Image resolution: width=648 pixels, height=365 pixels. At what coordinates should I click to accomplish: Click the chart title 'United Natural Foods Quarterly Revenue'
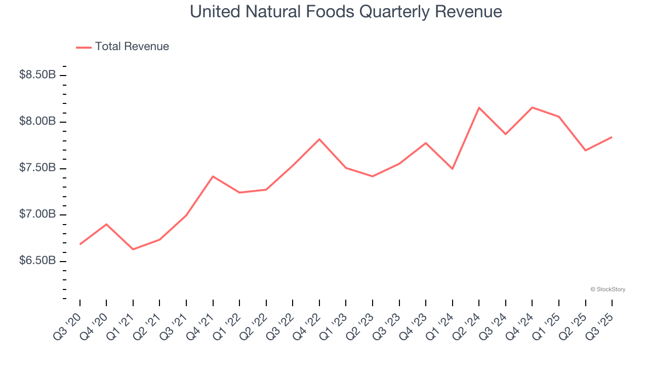(346, 12)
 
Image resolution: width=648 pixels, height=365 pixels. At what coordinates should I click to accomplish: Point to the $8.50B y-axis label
(37, 75)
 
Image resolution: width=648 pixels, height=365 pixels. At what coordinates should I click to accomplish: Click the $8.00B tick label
(37, 122)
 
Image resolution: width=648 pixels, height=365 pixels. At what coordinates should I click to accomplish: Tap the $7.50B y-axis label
(37, 168)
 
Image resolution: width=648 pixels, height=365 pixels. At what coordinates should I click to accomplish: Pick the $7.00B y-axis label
(37, 215)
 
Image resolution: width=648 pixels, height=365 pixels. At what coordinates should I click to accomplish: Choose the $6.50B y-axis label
(37, 261)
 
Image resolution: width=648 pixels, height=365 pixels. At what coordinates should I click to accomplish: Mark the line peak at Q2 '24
(479, 107)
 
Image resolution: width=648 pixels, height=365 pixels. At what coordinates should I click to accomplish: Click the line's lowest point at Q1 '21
(133, 249)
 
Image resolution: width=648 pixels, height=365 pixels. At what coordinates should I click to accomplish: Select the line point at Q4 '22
(319, 139)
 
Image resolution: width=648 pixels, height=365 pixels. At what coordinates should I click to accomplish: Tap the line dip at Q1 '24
(453, 169)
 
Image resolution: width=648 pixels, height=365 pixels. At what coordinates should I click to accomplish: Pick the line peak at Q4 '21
(213, 176)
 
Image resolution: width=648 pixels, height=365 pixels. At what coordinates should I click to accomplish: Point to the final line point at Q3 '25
(612, 137)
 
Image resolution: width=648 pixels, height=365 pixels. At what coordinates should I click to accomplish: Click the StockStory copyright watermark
(607, 289)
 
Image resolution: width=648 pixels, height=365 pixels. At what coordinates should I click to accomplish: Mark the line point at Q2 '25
(586, 151)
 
